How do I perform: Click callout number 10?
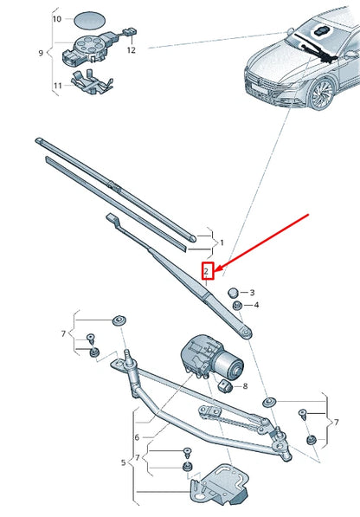click(56, 18)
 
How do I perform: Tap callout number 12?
click(132, 50)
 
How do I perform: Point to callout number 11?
click(57, 86)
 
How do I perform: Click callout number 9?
click(40, 53)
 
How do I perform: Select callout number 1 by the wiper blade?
click(222, 243)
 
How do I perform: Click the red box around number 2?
click(207, 271)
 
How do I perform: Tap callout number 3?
click(253, 293)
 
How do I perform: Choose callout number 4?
click(255, 305)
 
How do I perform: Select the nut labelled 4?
click(237, 306)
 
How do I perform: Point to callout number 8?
click(245, 385)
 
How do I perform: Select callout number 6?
click(136, 437)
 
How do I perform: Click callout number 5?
click(123, 462)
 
